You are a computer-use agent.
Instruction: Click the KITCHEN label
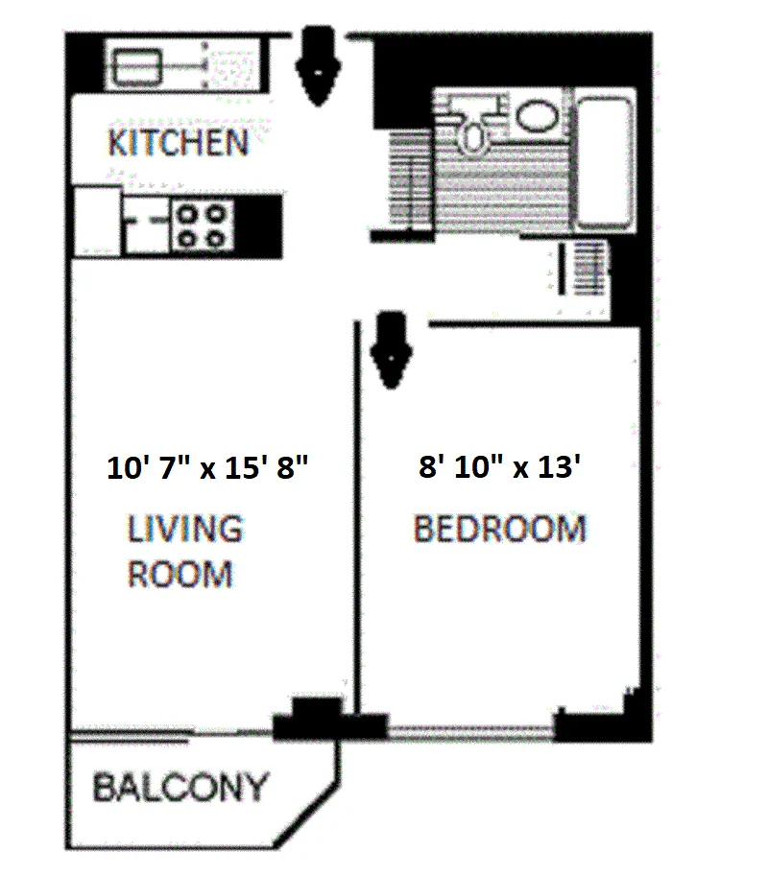[x=178, y=143]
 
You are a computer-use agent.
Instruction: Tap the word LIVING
[x=185, y=529]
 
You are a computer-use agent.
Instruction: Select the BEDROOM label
[x=499, y=529]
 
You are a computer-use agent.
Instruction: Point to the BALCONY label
[x=180, y=788]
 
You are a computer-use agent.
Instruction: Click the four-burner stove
[x=203, y=225]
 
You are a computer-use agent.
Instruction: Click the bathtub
[x=606, y=158]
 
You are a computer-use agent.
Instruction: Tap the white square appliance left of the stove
[x=97, y=220]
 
